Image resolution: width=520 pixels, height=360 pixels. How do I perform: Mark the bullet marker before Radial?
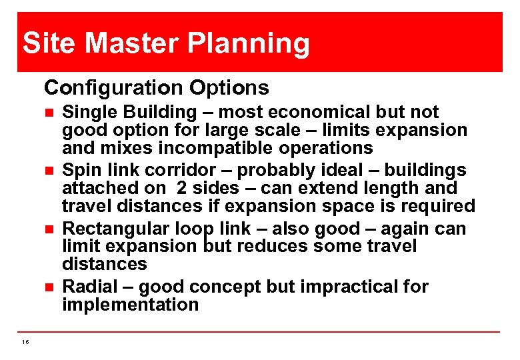coord(47,288)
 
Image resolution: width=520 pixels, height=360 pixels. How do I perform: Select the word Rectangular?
coord(115,229)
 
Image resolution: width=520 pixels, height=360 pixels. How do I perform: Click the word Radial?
coord(89,287)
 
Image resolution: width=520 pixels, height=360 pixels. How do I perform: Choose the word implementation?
coord(131,305)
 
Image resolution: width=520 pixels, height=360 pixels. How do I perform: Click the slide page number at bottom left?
coord(25,342)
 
